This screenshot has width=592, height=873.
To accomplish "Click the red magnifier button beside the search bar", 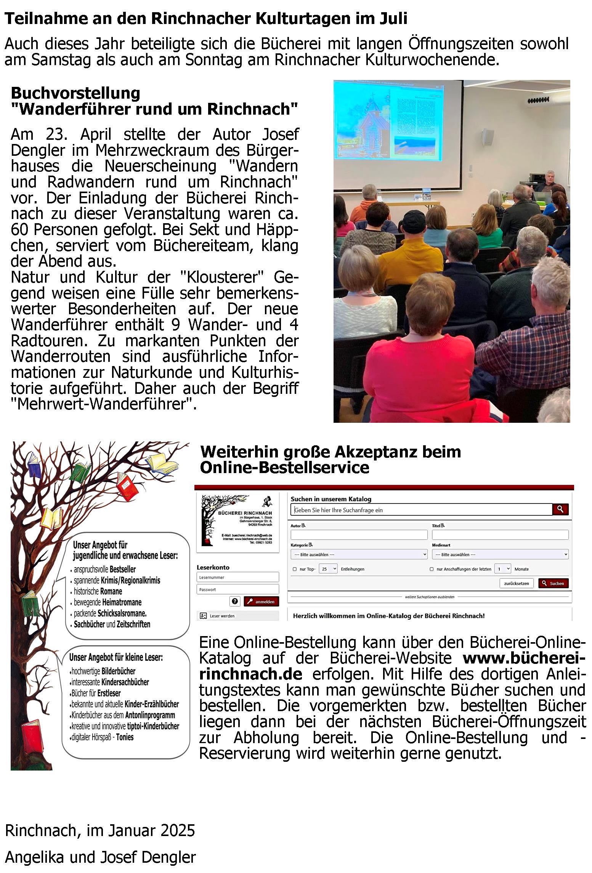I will point(560,509).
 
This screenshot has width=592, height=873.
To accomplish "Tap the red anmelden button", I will point(262,602).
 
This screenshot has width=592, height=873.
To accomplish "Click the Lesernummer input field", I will point(237,577).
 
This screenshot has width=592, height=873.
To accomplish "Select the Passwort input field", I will point(237,590).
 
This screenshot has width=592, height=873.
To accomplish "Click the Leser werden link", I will point(221,616).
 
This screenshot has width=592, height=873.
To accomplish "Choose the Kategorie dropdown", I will point(359,555).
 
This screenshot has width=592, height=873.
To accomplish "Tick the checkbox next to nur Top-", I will point(294,569).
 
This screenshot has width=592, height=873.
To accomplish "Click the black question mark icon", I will point(234,602).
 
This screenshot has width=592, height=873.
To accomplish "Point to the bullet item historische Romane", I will point(98,592).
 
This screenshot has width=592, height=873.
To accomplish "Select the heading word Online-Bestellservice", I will point(284,468).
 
